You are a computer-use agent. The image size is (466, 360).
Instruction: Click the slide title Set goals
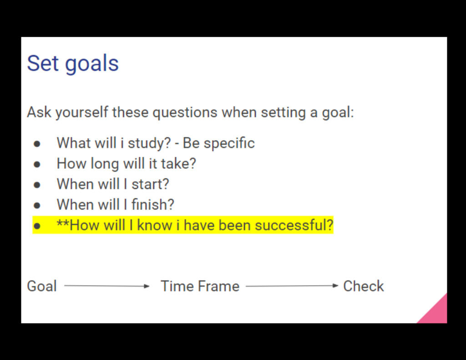pyautogui.click(x=73, y=63)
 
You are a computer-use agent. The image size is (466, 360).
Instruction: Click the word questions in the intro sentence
pyautogui.click(x=185, y=113)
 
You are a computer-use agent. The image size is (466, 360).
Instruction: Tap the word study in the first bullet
pyautogui.click(x=147, y=143)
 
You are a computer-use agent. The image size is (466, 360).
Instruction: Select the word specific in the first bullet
pyautogui.click(x=229, y=143)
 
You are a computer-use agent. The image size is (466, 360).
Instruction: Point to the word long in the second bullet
pyautogui.click(x=105, y=164)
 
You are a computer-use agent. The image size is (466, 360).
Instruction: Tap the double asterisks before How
pyautogui.click(x=63, y=223)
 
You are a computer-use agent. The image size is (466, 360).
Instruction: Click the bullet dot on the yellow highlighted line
pyautogui.click(x=37, y=226)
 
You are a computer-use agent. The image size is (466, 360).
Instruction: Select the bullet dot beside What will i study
pyautogui.click(x=37, y=144)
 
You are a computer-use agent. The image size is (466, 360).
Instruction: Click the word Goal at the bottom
pyautogui.click(x=42, y=286)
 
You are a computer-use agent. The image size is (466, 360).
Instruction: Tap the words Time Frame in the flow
pyautogui.click(x=200, y=286)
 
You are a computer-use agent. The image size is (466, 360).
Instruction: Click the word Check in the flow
pyautogui.click(x=364, y=286)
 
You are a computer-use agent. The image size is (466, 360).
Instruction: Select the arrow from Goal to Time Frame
pyautogui.click(x=107, y=286)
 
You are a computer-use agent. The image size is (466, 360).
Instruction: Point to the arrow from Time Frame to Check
pyautogui.click(x=292, y=286)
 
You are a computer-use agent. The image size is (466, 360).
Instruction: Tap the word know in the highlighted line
pyautogui.click(x=155, y=225)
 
